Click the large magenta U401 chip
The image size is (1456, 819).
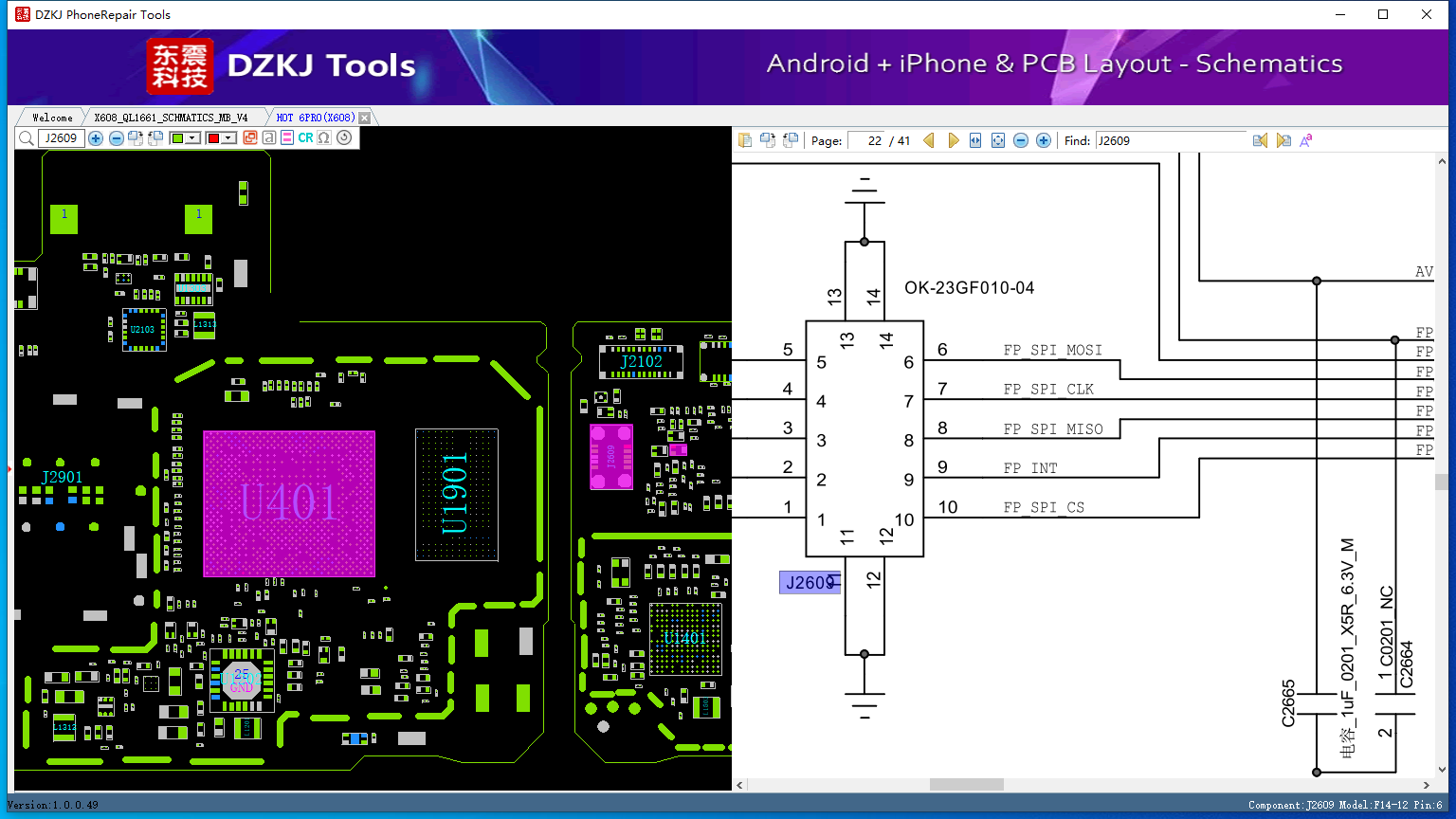pos(289,503)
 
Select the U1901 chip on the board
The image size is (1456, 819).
pos(456,494)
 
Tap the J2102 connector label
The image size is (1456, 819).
pos(641,361)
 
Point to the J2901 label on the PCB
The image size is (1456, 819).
pos(62,477)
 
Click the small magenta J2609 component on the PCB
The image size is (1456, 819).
pos(611,457)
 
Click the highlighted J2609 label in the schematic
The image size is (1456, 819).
pos(809,582)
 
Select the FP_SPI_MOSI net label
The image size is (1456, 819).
pos(1052,351)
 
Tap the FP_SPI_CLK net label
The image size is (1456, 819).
pos(1048,390)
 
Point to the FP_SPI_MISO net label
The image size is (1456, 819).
pos(1052,429)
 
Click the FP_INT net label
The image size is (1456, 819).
pos(1030,468)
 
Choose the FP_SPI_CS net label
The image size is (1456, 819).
pos(1044,508)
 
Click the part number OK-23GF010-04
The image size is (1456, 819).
pos(969,288)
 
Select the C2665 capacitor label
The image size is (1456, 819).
pos(1288,703)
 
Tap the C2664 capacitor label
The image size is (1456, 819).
pos(1407,664)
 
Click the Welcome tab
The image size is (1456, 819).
pos(52,118)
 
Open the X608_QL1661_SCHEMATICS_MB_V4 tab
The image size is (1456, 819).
pos(171,118)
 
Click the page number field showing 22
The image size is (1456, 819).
pos(867,140)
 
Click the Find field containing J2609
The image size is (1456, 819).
pos(1171,140)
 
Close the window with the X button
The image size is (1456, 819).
pos(1426,14)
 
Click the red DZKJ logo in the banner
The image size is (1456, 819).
pos(180,66)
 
